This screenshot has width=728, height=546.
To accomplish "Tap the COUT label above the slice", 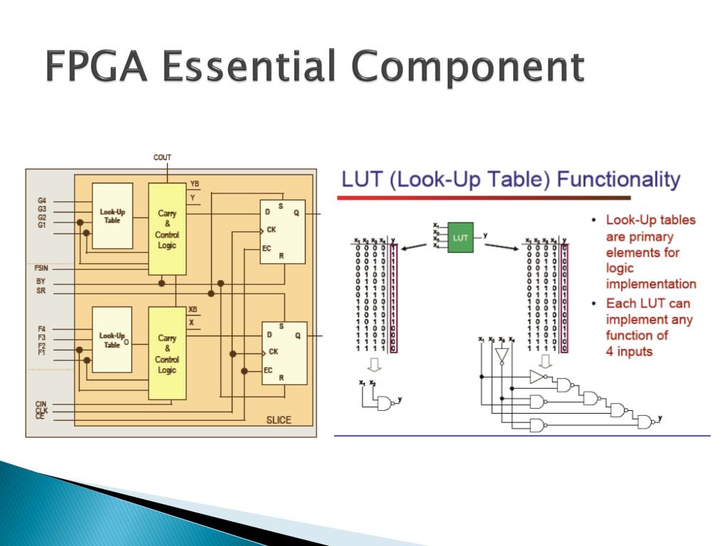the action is tap(163, 157).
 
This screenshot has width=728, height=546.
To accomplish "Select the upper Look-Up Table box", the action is tap(112, 215).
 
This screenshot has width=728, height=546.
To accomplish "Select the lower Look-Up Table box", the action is tap(112, 339).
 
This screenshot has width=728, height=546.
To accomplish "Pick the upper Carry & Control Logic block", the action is tap(167, 229).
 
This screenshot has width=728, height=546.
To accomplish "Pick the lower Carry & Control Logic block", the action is tap(167, 353).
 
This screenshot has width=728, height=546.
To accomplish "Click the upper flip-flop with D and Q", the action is tap(282, 231).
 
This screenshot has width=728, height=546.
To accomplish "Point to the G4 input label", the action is tap(42, 201).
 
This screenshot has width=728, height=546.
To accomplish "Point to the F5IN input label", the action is tap(41, 269).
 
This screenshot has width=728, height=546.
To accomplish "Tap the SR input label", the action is tap(41, 291).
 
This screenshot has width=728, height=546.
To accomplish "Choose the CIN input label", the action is tap(41, 404).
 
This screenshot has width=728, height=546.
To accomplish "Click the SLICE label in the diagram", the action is tap(279, 419).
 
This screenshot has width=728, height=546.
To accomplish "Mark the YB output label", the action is tap(195, 184).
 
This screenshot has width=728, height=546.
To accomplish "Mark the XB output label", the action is tap(193, 310).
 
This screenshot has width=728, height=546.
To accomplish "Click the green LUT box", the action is tap(460, 237).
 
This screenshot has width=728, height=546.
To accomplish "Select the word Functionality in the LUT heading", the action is tap(619, 179).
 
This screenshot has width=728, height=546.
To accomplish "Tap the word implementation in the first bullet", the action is tap(651, 284).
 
